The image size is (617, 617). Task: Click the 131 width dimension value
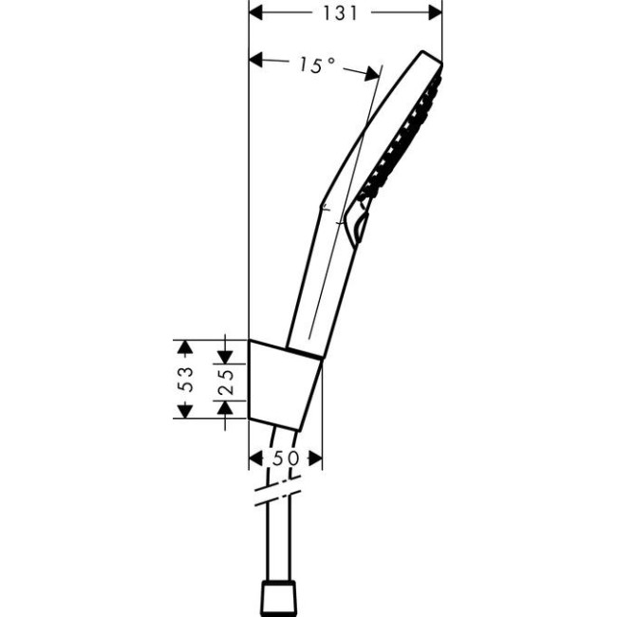tap(346, 12)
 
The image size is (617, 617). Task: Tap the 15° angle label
tap(316, 65)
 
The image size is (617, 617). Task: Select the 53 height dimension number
tap(187, 379)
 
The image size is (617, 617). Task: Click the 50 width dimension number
tap(286, 458)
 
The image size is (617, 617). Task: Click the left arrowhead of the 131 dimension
tap(255, 12)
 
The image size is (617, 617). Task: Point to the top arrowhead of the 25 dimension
tap(226, 355)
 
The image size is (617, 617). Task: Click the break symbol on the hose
tap(277, 495)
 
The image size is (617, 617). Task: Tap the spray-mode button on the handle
tap(356, 223)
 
